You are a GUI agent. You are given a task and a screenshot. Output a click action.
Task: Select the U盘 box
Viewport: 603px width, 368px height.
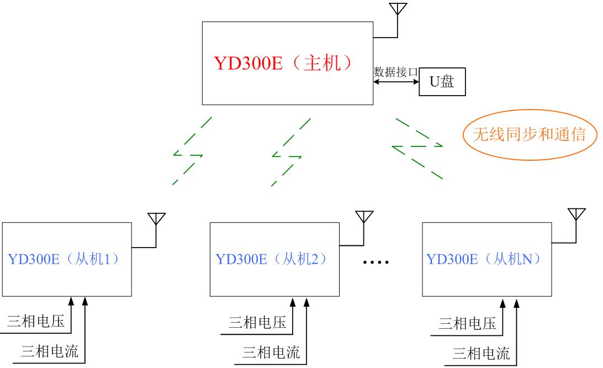pyautogui.click(x=442, y=82)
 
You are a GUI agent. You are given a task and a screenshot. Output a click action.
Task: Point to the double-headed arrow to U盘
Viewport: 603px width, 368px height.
pyautogui.click(x=396, y=82)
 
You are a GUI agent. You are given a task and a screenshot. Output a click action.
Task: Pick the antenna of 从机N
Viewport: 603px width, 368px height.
pyautogui.click(x=576, y=215)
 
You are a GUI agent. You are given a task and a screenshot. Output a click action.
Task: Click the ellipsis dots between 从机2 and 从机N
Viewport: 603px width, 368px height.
pyautogui.click(x=376, y=262)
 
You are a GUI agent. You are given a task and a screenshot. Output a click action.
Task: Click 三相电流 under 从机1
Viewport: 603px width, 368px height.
pyautogui.click(x=50, y=351)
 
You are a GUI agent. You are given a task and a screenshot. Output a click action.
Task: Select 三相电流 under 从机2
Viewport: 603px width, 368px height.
pyautogui.click(x=271, y=352)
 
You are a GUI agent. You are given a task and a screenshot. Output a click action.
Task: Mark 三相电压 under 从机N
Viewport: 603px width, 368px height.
pyautogui.click(x=467, y=323)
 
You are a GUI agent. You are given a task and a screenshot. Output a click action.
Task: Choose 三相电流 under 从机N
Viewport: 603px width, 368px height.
pyautogui.click(x=481, y=352)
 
